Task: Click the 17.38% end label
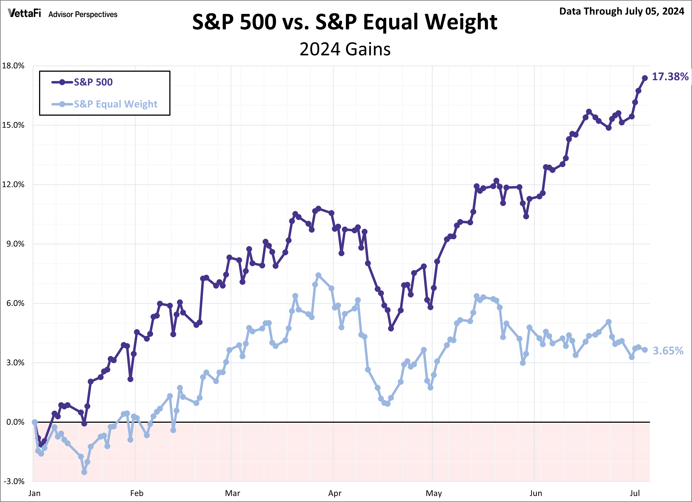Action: (670, 77)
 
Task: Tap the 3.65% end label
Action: (668, 351)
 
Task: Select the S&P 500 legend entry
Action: (93, 82)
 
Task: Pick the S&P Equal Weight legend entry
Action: (115, 104)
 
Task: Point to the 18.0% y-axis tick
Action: (13, 66)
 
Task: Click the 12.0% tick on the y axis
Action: (13, 184)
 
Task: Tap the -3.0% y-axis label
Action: (14, 481)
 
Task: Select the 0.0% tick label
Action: (15, 422)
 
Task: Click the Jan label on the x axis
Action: (34, 493)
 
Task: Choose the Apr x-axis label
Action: (335, 493)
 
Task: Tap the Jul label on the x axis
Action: (635, 493)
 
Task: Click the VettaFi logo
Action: (24, 13)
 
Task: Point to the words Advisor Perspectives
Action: (83, 14)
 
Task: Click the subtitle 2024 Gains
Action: (345, 49)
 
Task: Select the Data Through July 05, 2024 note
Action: (621, 11)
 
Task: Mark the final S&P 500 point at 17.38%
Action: (645, 78)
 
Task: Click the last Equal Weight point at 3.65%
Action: (645, 350)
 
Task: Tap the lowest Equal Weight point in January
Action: (84, 472)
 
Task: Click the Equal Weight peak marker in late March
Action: (318, 275)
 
